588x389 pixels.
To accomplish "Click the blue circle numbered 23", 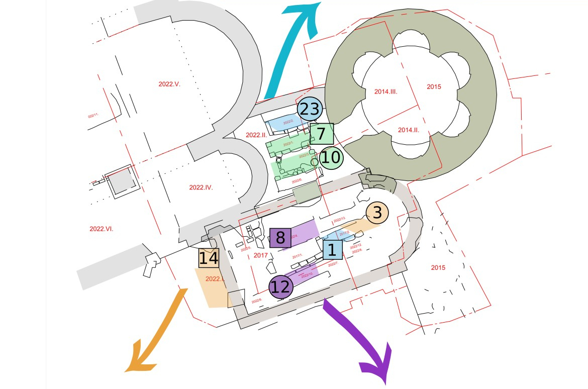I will click(x=309, y=109).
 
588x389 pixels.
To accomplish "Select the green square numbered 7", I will click(x=322, y=134).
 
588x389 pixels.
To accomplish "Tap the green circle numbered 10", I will click(x=331, y=158).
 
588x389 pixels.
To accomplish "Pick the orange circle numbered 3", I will click(x=377, y=213).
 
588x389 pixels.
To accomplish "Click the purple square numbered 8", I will click(x=280, y=238).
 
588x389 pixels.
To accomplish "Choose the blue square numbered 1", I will click(x=332, y=250).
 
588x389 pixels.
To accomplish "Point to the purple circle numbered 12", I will click(x=280, y=287).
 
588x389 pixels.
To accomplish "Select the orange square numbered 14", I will click(x=209, y=258).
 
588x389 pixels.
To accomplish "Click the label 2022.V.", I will click(x=169, y=84).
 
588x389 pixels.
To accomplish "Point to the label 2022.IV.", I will click(x=201, y=187).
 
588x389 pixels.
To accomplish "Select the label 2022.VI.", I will click(x=102, y=229).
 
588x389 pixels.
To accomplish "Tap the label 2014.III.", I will click(x=386, y=91).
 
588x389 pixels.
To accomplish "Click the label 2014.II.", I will click(x=409, y=130).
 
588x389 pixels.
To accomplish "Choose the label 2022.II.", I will click(x=256, y=135).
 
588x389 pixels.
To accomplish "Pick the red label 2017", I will click(x=261, y=255).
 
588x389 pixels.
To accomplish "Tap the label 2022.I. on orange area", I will click(x=215, y=279).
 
